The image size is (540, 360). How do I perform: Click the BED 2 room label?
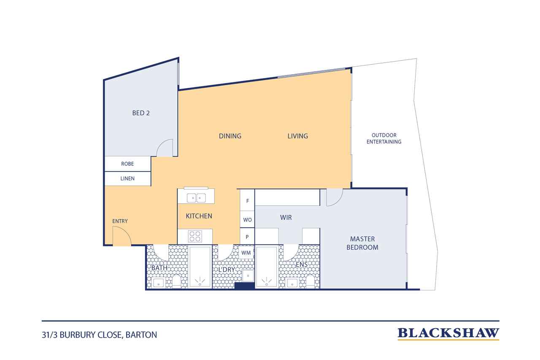pyautogui.click(x=141, y=113)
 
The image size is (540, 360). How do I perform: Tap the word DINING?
pyautogui.click(x=230, y=136)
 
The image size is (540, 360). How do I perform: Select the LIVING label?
pyautogui.click(x=297, y=136)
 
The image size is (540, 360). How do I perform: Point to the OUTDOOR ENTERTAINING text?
pyautogui.click(x=384, y=138)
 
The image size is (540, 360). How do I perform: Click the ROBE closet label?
pyautogui.click(x=127, y=164)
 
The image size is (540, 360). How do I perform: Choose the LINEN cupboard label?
pyautogui.click(x=127, y=179)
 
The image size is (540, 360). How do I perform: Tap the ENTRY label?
pyautogui.click(x=120, y=221)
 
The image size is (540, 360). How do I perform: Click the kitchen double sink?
pyautogui.click(x=196, y=198)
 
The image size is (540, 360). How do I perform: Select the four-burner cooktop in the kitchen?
pyautogui.click(x=195, y=236)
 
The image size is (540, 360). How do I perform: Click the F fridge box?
pyautogui.click(x=247, y=200)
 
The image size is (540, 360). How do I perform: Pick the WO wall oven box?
pyautogui.click(x=247, y=219)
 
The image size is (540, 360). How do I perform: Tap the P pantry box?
pyautogui.click(x=247, y=236)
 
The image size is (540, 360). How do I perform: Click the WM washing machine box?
pyautogui.click(x=246, y=253)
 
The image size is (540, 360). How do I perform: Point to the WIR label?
pyautogui.click(x=286, y=217)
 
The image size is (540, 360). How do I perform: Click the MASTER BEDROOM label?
pyautogui.click(x=362, y=243)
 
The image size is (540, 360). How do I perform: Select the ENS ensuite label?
pyautogui.click(x=302, y=265)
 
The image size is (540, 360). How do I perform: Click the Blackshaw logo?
pyautogui.click(x=448, y=333)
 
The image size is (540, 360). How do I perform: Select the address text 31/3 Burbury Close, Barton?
pyautogui.click(x=99, y=335)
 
